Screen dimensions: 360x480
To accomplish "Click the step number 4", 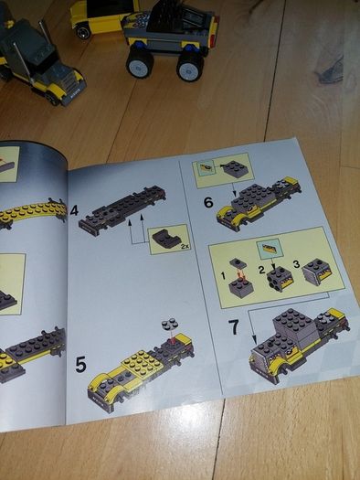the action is [74, 210].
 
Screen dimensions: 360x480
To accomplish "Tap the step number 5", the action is [80, 364].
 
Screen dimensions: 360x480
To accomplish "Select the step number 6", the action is [208, 202].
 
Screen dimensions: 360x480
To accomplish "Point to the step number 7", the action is [234, 327].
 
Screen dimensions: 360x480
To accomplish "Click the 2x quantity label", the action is [185, 246].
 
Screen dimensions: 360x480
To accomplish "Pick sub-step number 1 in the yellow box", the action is [223, 276].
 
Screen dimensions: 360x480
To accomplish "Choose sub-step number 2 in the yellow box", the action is [261, 270].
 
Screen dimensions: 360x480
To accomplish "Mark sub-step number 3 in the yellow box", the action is [296, 264].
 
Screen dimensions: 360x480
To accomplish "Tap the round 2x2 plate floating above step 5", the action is [170, 325].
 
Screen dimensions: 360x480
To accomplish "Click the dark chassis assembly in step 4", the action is [122, 210].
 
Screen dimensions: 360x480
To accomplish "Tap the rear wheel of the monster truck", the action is [190, 66].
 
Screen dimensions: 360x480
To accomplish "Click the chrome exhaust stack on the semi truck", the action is [23, 62].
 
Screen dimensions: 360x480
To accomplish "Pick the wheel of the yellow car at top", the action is [83, 31].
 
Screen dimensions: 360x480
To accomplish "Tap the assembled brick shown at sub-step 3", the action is [316, 270].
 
